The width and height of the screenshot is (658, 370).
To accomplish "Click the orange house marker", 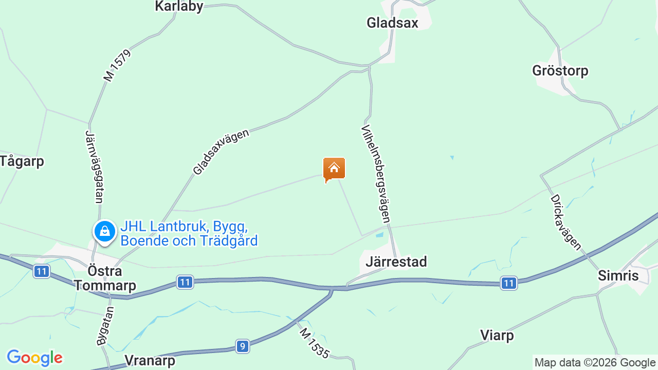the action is click(x=334, y=169).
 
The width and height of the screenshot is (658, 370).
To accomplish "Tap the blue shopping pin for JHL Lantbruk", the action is click(x=105, y=232).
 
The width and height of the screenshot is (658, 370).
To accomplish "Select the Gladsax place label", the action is click(x=392, y=23).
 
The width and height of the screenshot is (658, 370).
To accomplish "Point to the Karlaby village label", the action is click(x=179, y=6).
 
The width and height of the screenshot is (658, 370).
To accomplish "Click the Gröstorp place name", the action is click(x=560, y=70).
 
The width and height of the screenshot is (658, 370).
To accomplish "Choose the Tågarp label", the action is click(x=22, y=161).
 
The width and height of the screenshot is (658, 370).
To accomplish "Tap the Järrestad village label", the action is click(x=396, y=262).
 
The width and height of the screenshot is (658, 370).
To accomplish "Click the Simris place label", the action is click(x=618, y=276).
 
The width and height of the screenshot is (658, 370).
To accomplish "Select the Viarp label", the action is click(x=497, y=336).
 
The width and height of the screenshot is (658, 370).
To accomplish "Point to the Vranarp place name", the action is click(x=150, y=360).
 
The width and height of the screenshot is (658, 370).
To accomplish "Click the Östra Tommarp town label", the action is click(x=105, y=278).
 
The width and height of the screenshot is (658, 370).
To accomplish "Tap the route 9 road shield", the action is click(x=243, y=346).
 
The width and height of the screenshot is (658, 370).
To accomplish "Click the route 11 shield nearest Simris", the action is click(x=508, y=283).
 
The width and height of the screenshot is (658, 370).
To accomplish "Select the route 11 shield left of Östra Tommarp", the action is click(x=42, y=271).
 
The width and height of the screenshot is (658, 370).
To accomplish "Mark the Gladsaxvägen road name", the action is click(x=221, y=152).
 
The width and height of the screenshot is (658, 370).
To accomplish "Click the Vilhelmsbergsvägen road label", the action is click(x=376, y=174).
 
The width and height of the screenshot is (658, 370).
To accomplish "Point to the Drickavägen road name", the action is click(x=565, y=221).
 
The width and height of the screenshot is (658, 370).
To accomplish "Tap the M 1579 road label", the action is click(x=117, y=65).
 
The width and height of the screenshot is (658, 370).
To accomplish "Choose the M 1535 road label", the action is click(x=314, y=343).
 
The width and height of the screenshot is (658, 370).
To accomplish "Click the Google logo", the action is click(x=34, y=358).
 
